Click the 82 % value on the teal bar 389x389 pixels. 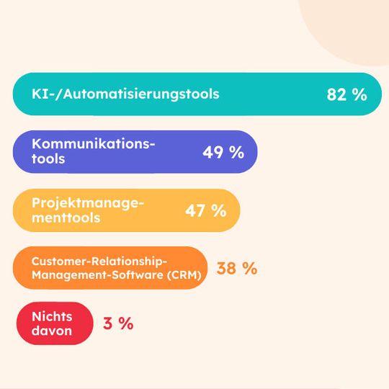coord(346,94)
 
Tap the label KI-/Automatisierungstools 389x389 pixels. coord(125,94)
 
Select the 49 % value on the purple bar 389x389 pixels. coord(223,152)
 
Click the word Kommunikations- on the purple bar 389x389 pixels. coord(94,144)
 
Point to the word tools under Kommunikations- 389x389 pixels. coord(48,159)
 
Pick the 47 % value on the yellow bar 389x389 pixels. coord(206,210)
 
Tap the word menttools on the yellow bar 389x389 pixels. coord(66,217)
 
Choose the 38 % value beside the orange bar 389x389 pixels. coord(237,269)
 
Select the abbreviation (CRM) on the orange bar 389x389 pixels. coord(183,274)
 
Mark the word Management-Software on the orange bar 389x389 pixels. coord(97,274)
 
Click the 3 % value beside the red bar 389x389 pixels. coord(118,323)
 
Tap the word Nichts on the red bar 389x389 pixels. coord(53,316)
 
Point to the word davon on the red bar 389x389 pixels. coord(52,331)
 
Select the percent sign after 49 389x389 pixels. coord(237,152)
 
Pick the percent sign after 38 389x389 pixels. coord(249,269)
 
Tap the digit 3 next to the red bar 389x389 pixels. coord(108,323)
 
